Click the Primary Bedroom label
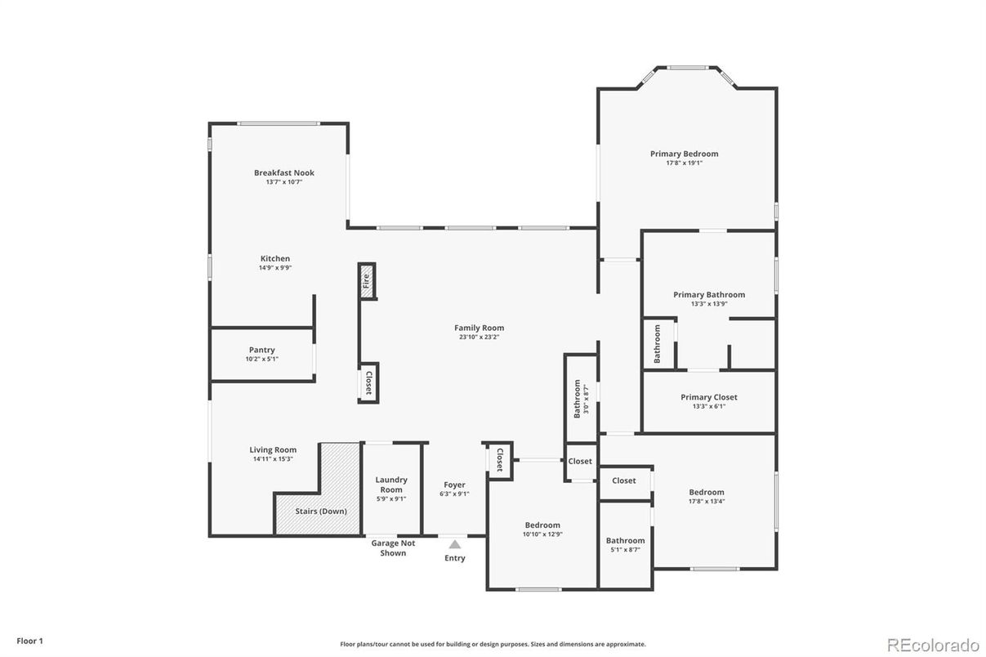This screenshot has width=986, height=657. [x=684, y=154]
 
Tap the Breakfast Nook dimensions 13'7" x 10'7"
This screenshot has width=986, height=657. [x=283, y=182]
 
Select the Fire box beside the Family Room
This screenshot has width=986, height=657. [x=367, y=282]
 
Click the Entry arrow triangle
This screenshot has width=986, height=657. [x=455, y=544]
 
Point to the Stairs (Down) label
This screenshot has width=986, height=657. [x=321, y=512]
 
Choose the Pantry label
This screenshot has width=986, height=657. [x=261, y=350]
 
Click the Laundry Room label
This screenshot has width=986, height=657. [x=391, y=485]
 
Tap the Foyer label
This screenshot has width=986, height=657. [x=454, y=485]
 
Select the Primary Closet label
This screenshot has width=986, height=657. [x=708, y=397]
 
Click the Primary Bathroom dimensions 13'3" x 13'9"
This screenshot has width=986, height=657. [x=708, y=304]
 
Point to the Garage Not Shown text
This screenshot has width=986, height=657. [x=393, y=548]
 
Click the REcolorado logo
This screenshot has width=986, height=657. [x=933, y=642]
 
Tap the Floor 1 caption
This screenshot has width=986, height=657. [x=29, y=641]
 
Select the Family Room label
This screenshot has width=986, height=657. [x=479, y=328]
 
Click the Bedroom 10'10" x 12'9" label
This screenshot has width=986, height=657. [x=542, y=525]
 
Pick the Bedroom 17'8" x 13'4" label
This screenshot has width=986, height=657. [x=706, y=492]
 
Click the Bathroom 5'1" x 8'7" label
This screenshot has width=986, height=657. [x=625, y=540]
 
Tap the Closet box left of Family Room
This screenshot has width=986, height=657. [x=368, y=383]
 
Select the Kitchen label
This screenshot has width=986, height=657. [x=275, y=258]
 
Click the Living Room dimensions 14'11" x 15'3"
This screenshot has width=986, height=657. [x=273, y=459]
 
